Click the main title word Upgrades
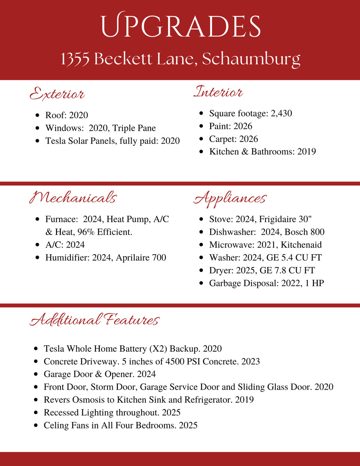point(180,27)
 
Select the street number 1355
point(75,60)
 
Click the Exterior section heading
point(57,94)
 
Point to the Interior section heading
point(218,92)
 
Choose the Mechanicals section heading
point(73,198)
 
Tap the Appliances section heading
point(230,198)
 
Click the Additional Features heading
point(95,320)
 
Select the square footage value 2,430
point(281,113)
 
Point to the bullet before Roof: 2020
point(37,116)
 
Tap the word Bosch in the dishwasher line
point(297,232)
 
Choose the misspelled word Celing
point(57,425)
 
